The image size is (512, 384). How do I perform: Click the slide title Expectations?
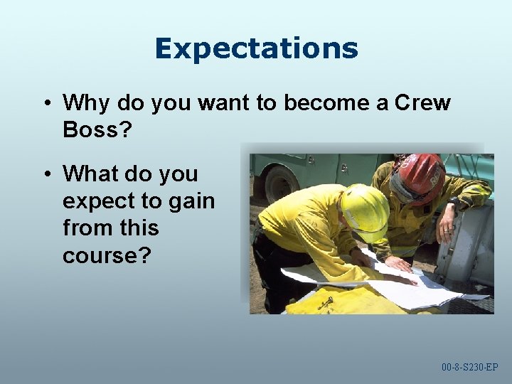click(x=256, y=48)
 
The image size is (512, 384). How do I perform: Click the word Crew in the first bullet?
click(x=422, y=103)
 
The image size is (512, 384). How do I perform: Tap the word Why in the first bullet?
click(x=87, y=103)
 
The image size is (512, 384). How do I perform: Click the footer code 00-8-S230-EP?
click(x=469, y=368)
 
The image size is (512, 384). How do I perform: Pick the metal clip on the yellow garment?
click(x=326, y=304)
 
